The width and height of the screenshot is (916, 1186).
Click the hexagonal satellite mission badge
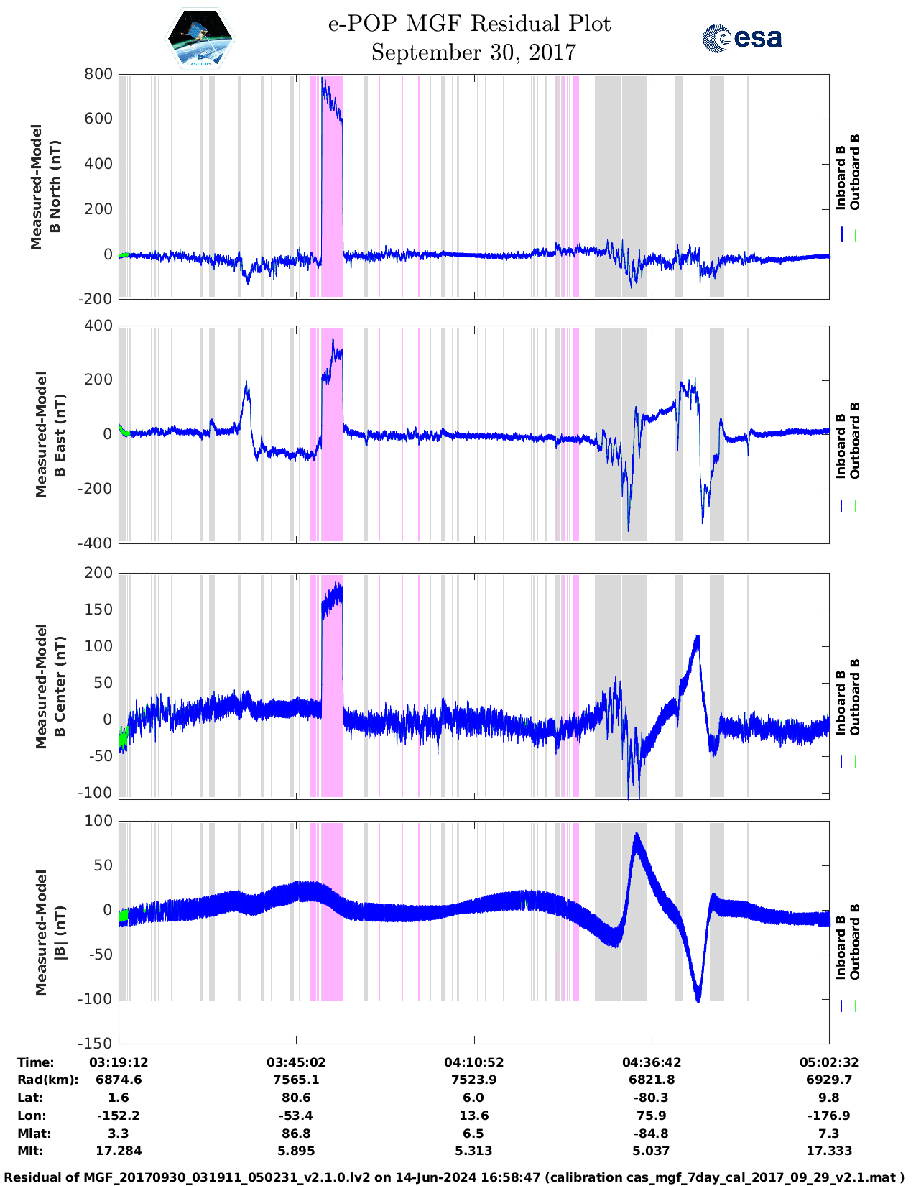pos(200,39)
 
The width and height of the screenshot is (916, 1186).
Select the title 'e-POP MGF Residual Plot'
pos(469,24)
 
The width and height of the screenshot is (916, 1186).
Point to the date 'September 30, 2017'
pos(473,52)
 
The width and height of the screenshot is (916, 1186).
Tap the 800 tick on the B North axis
pos(99,74)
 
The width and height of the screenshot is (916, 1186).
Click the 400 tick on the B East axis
pos(99,326)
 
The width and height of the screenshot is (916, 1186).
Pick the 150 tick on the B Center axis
pos(99,610)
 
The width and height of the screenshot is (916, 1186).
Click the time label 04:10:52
pos(473,1062)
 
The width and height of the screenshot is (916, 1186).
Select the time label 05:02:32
pos(828,1062)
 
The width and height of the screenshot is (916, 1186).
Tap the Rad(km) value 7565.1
pos(296,1080)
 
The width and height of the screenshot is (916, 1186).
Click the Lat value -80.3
pos(652,1098)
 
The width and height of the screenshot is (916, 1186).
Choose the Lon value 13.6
pos(473,1116)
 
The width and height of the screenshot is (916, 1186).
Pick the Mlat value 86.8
pos(296,1134)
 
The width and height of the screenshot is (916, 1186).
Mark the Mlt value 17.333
pos(828,1151)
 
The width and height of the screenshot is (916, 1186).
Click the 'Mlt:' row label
pos(30,1151)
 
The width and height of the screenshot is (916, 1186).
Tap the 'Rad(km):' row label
pos(47,1080)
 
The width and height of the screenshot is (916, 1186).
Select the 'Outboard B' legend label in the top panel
pos(854,173)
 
